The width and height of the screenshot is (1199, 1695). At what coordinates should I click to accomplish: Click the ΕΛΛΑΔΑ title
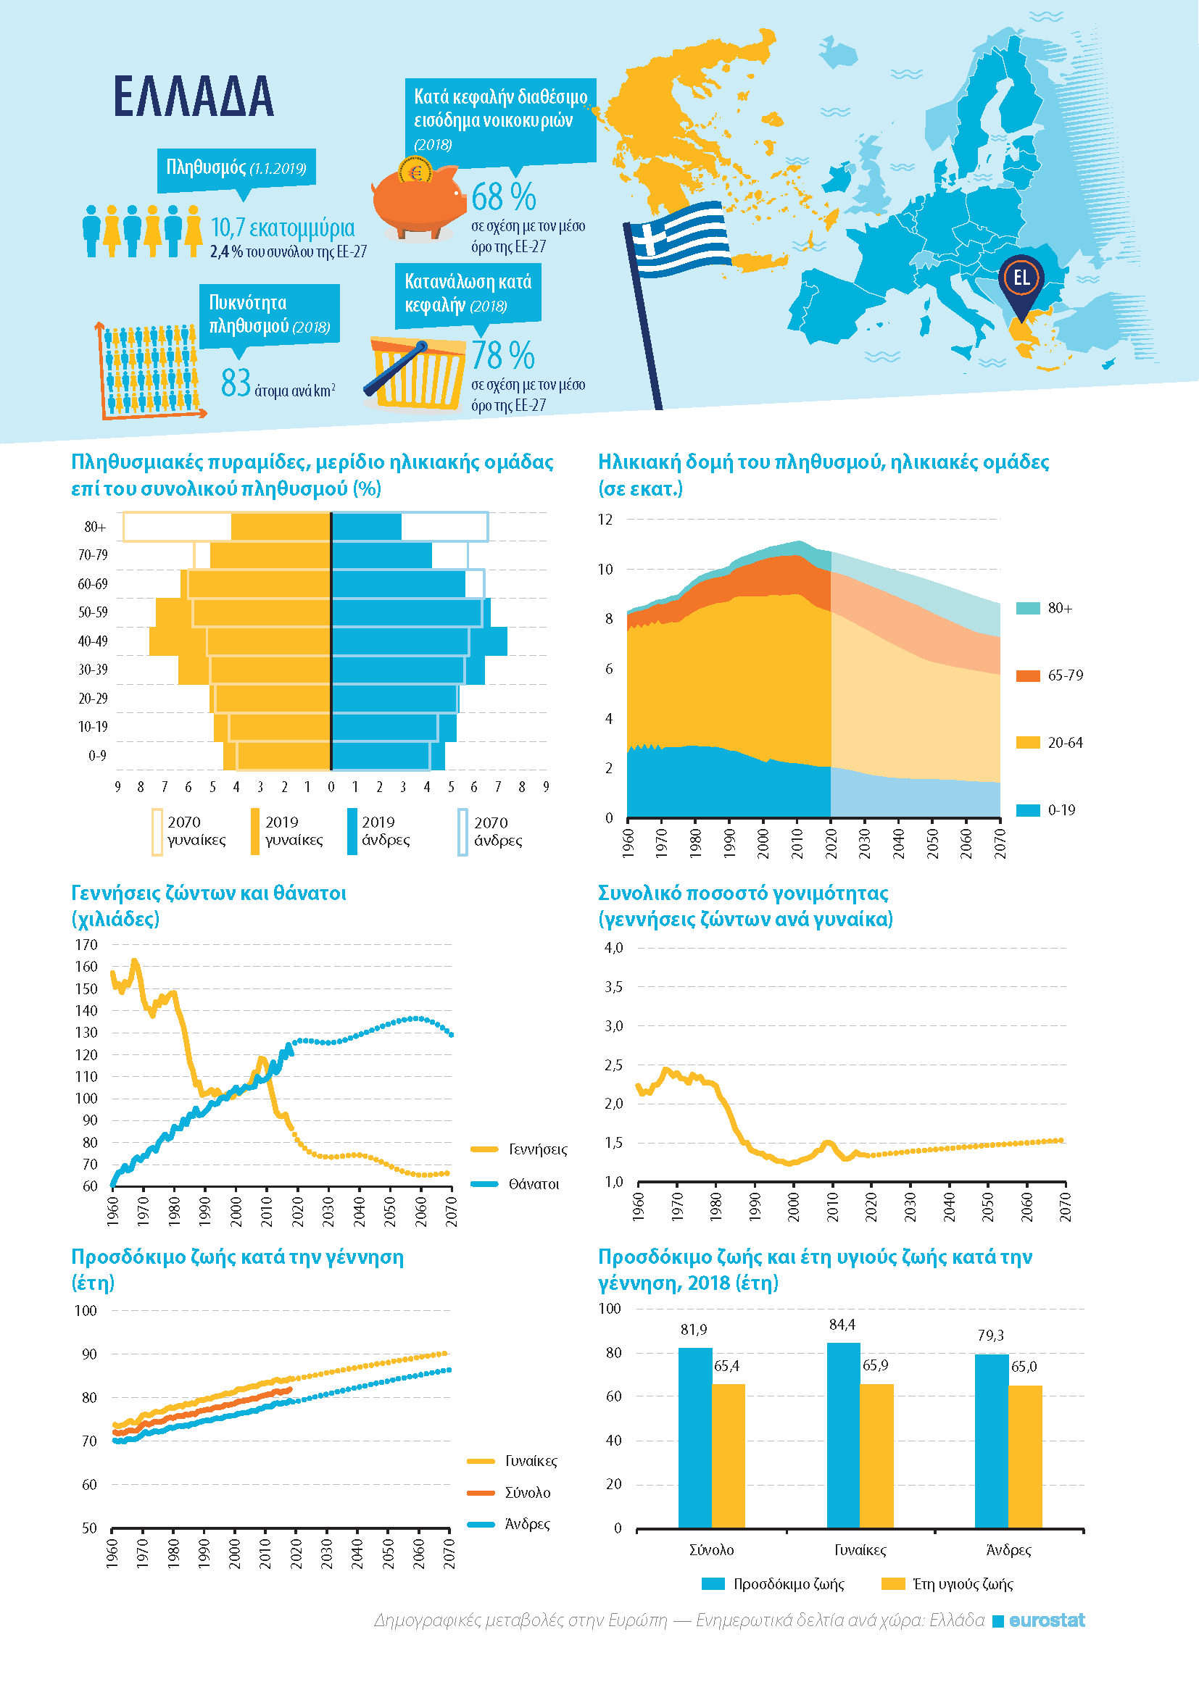(194, 96)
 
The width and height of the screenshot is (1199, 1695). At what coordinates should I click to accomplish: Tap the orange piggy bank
(417, 201)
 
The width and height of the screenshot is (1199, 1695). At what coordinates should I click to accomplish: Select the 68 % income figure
(504, 196)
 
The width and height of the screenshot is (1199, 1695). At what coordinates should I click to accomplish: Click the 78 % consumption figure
(504, 355)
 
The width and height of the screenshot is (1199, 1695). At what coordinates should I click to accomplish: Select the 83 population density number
(236, 383)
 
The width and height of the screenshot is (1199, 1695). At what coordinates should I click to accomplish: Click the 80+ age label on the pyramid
(95, 527)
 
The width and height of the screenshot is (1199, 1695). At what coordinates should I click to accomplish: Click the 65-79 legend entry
(1050, 675)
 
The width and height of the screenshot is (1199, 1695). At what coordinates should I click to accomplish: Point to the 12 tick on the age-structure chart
(605, 519)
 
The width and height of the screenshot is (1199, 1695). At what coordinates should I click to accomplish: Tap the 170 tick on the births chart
(86, 944)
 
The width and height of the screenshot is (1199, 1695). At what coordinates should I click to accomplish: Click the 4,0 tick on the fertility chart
(613, 948)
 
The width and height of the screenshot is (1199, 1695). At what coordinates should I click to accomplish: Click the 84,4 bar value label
(842, 1325)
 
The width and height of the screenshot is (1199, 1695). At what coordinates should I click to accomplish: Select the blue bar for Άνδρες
(992, 1441)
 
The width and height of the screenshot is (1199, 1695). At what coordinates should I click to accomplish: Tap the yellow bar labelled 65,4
(728, 1456)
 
